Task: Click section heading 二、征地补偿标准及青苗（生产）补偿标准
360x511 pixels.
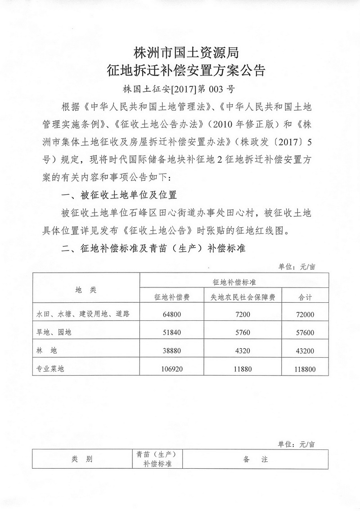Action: (x=153, y=248)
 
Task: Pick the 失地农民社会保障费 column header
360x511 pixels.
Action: (x=243, y=298)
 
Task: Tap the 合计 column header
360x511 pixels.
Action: (x=306, y=298)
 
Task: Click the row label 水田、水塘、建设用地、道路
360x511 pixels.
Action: (x=83, y=314)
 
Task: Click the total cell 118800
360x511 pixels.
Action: (x=306, y=369)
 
